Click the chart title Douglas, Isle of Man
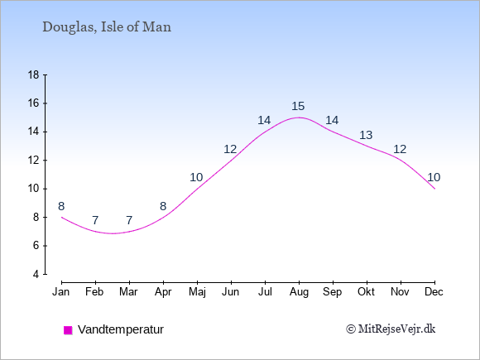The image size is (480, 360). point(107,27)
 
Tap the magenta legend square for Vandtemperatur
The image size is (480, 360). point(68,330)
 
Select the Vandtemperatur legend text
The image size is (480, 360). point(121,329)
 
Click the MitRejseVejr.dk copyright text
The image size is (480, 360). point(391,329)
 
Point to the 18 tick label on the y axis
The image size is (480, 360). point(33,74)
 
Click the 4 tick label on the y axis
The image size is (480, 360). point(36,274)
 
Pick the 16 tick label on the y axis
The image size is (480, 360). point(33,103)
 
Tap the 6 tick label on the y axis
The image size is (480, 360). point(36,246)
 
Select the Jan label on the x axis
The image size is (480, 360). point(61,292)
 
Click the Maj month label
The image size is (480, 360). point(197,292)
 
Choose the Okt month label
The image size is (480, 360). point(366,292)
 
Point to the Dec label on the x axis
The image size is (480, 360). point(434,292)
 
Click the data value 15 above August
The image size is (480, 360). point(298,106)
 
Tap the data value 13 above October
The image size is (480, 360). point(366,135)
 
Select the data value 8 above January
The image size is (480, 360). point(61,206)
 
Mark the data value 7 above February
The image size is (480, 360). point(95,220)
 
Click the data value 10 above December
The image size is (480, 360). point(434,177)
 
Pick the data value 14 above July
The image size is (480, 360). point(264,120)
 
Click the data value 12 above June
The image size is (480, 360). point(230,150)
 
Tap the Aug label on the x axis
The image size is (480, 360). point(299,292)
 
